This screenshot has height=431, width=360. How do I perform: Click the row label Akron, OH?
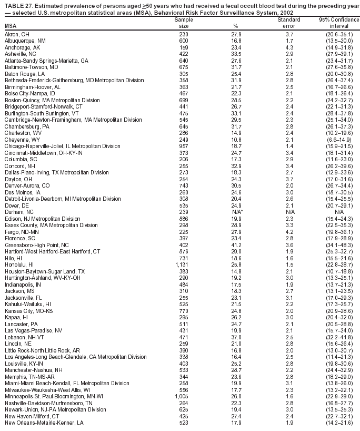(17, 34)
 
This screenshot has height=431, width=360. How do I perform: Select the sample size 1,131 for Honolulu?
(181, 265)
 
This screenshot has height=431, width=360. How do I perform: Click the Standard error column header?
(289, 23)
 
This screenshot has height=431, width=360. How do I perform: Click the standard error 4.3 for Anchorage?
(289, 47)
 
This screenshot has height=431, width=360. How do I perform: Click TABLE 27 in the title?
(20, 5)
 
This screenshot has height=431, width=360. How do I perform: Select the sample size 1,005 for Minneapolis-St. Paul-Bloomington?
(181, 396)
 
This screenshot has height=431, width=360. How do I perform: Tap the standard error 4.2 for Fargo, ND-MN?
(289, 231)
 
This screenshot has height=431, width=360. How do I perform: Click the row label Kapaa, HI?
(16, 317)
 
